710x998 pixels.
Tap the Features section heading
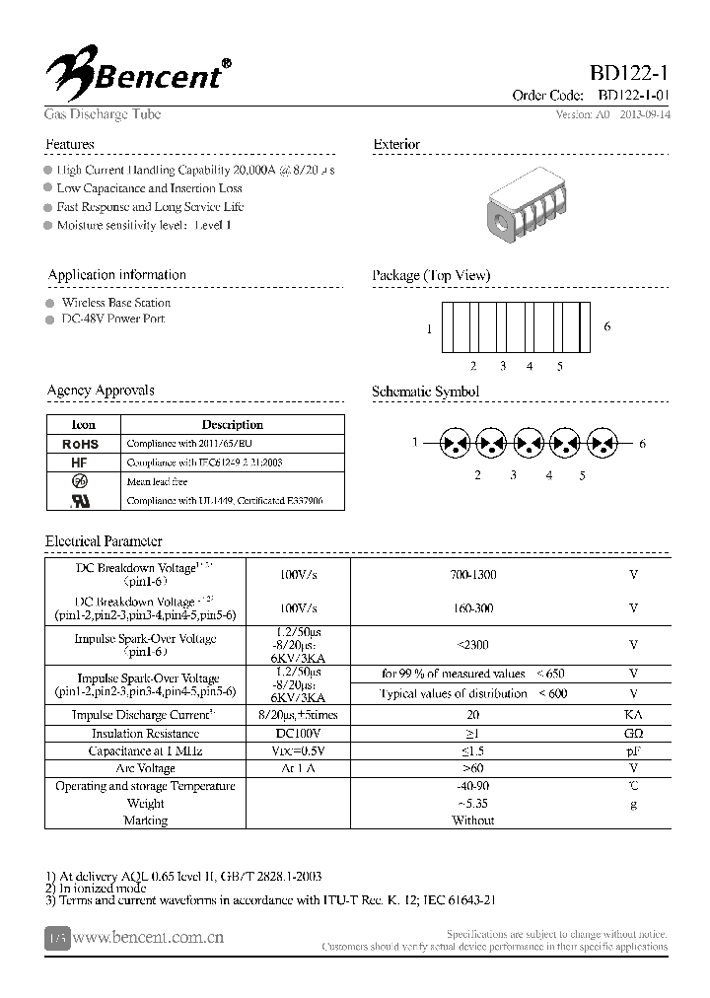point(70,144)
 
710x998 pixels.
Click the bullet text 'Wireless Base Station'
point(115,303)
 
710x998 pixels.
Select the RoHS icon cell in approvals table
point(81,445)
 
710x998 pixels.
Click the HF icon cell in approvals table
point(81,463)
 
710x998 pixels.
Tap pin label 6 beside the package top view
point(606,326)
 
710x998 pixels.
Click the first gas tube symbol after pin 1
point(455,444)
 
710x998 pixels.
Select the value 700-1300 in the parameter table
point(472,575)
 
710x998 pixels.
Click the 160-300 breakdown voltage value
point(472,608)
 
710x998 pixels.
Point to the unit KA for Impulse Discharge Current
point(633,715)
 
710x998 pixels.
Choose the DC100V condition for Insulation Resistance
point(297,734)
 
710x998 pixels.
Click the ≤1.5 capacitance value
point(472,751)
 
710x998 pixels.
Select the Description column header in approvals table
point(232,425)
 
